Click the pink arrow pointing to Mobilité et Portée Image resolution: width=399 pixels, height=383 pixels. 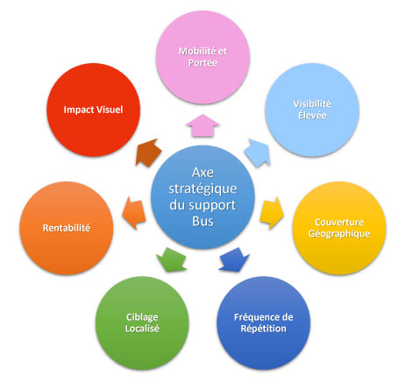coord(203,125)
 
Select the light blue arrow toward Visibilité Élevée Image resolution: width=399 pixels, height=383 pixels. coord(258,152)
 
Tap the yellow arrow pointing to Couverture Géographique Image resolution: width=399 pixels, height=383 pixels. coord(272,213)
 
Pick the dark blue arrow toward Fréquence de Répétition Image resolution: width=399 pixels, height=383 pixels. coord(234,259)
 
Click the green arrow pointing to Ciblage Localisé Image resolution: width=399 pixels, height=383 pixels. coord(172,259)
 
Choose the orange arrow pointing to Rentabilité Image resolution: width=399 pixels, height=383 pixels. coord(134,213)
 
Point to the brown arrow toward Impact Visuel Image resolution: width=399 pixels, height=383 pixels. coord(148,152)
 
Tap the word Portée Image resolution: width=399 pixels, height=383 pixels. coord(203,63)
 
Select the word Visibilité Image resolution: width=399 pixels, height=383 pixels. coord(312,103)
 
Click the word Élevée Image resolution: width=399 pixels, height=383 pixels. coord(312,115)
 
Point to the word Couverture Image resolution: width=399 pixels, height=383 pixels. coord(339,223)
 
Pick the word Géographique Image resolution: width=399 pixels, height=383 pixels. coord(339,234)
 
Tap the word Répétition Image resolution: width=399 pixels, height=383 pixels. coord(263,329)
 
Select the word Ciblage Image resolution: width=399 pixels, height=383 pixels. coord(142,317)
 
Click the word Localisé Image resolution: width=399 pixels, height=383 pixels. coord(142,329)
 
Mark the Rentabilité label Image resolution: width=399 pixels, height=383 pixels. coord(67,228)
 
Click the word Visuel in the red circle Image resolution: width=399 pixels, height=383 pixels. coord(110,110)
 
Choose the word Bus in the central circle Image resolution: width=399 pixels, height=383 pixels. coord(203,221)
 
